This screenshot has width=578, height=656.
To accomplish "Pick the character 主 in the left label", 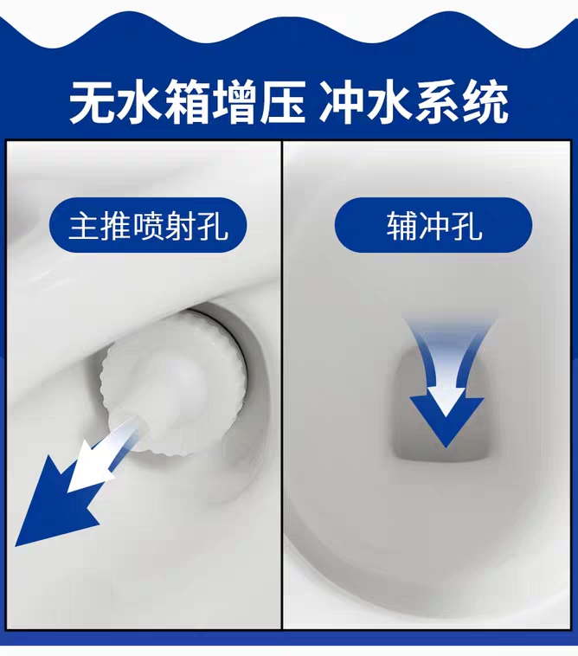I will tap(86, 227).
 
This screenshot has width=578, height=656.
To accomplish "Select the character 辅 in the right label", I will tap(401, 227).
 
